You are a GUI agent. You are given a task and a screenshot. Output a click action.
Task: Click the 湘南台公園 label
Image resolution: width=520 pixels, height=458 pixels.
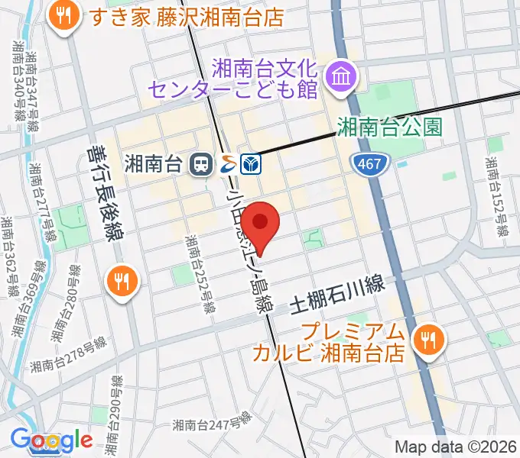(x=390, y=125)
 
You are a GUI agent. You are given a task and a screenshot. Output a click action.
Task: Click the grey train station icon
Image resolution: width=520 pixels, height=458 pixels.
(x=202, y=163)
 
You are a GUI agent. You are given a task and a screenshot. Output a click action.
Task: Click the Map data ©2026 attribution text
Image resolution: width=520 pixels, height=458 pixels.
(x=455, y=447)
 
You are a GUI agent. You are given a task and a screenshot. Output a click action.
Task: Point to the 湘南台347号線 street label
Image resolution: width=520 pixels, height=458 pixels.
(x=31, y=87)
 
